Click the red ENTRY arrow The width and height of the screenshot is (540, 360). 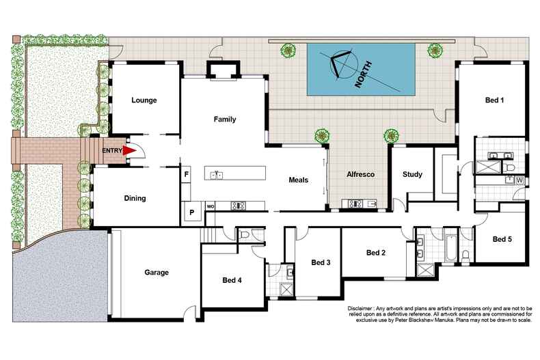point(127,151)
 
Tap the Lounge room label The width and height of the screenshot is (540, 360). point(144,100)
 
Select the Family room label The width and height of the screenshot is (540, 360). point(224,120)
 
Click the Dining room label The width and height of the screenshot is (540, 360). point(135,199)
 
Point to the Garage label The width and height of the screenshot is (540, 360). point(156,272)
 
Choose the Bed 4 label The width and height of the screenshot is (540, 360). point(232,280)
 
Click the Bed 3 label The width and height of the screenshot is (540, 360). point(321,262)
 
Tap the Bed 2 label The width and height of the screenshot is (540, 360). point(376,253)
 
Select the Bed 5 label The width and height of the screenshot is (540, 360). point(502,239)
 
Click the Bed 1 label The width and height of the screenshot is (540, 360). point(494,100)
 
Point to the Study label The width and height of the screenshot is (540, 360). point(412,174)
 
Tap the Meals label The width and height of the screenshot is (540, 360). point(298,180)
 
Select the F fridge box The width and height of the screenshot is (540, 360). point(186,174)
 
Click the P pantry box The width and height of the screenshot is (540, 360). point(191,212)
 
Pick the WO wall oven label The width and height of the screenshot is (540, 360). point(211,205)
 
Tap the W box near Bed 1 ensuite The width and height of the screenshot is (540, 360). point(519,180)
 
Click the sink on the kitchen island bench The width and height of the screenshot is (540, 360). point(218,175)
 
